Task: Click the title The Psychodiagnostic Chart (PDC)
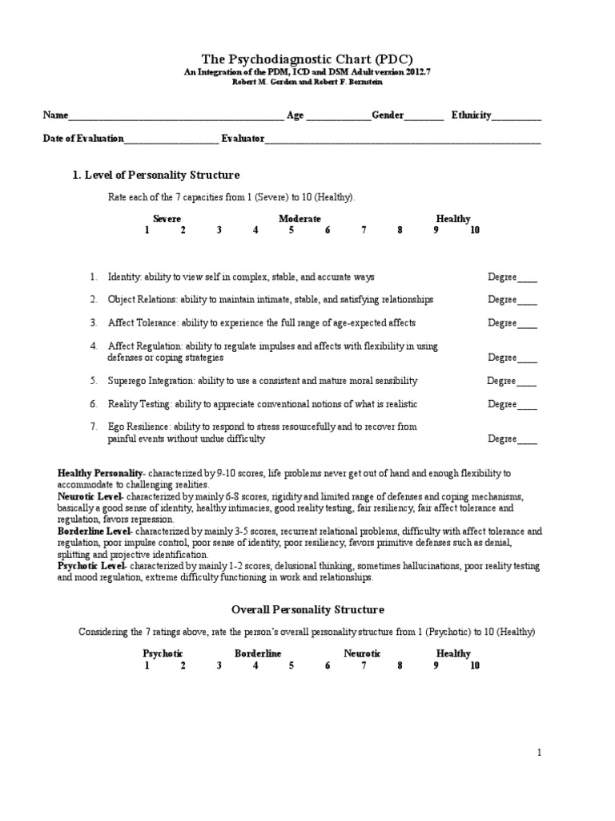(307, 59)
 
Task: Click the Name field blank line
(176, 117)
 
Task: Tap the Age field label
(295, 115)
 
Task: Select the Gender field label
(388, 115)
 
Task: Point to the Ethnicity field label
(472, 115)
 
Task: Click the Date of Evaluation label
(83, 139)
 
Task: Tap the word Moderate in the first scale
(300, 219)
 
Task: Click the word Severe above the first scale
(167, 219)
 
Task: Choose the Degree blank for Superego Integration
(527, 382)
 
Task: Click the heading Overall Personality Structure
(307, 610)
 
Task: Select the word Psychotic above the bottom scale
(163, 653)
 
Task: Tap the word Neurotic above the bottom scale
(362, 653)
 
